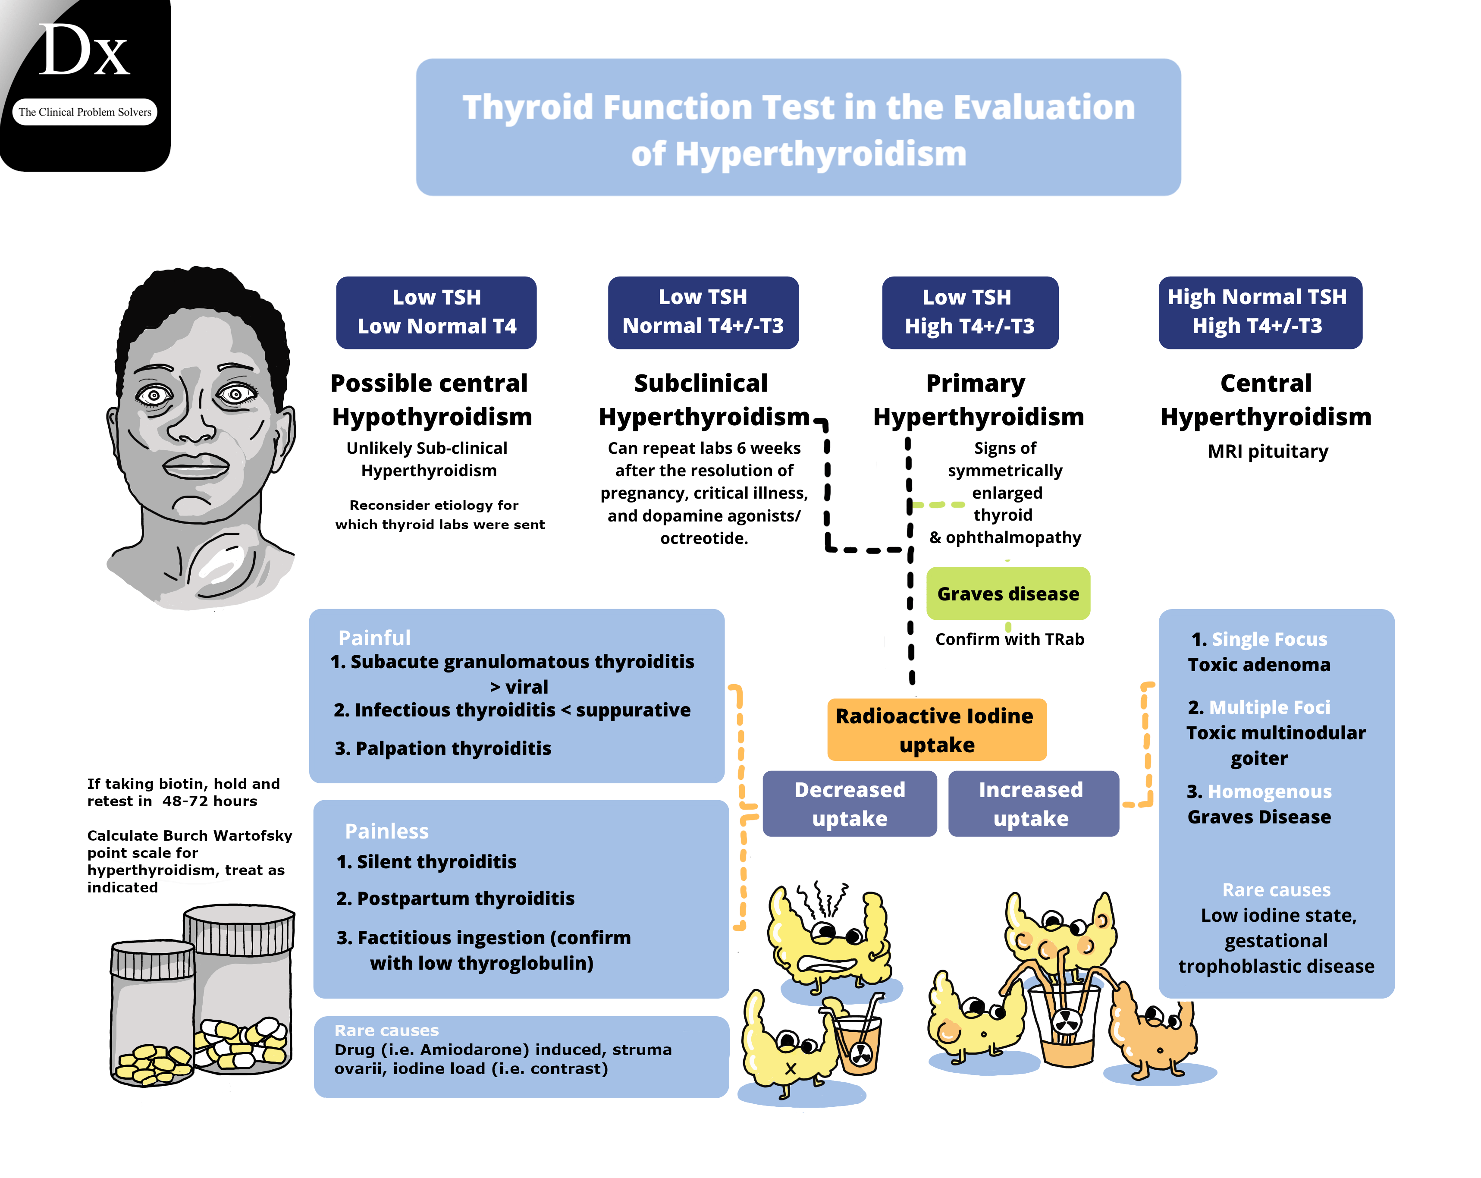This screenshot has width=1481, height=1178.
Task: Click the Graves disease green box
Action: point(1008,594)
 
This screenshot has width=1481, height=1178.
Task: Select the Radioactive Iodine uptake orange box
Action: point(936,729)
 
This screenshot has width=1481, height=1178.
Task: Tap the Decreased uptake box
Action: point(849,804)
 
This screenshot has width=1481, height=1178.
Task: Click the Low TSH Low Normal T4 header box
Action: point(436,313)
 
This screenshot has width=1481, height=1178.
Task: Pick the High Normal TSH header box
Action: point(1259,313)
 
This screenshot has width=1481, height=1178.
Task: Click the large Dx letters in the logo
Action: point(84,51)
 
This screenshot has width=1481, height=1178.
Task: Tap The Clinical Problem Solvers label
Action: point(85,112)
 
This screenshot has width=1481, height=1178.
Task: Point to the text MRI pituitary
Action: point(1268,451)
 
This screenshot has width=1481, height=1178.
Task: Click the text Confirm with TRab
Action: point(1009,640)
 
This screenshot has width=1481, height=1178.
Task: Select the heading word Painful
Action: point(374,638)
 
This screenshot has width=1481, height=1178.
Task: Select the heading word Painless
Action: point(387,831)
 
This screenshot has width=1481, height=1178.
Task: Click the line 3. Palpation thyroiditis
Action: point(443,748)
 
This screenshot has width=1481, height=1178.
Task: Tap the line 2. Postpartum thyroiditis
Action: point(455,898)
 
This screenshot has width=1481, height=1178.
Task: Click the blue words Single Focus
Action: point(1269,640)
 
